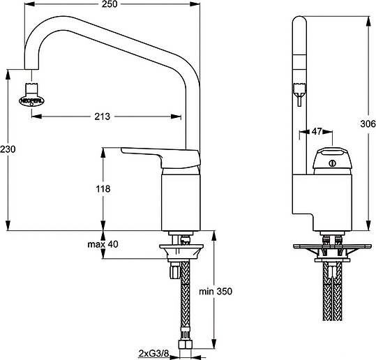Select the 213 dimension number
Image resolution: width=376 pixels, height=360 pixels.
point(102,117)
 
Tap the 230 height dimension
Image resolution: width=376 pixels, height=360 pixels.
point(8,149)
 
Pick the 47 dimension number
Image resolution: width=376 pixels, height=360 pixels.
point(316,131)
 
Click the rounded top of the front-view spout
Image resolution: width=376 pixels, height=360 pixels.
point(299,24)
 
